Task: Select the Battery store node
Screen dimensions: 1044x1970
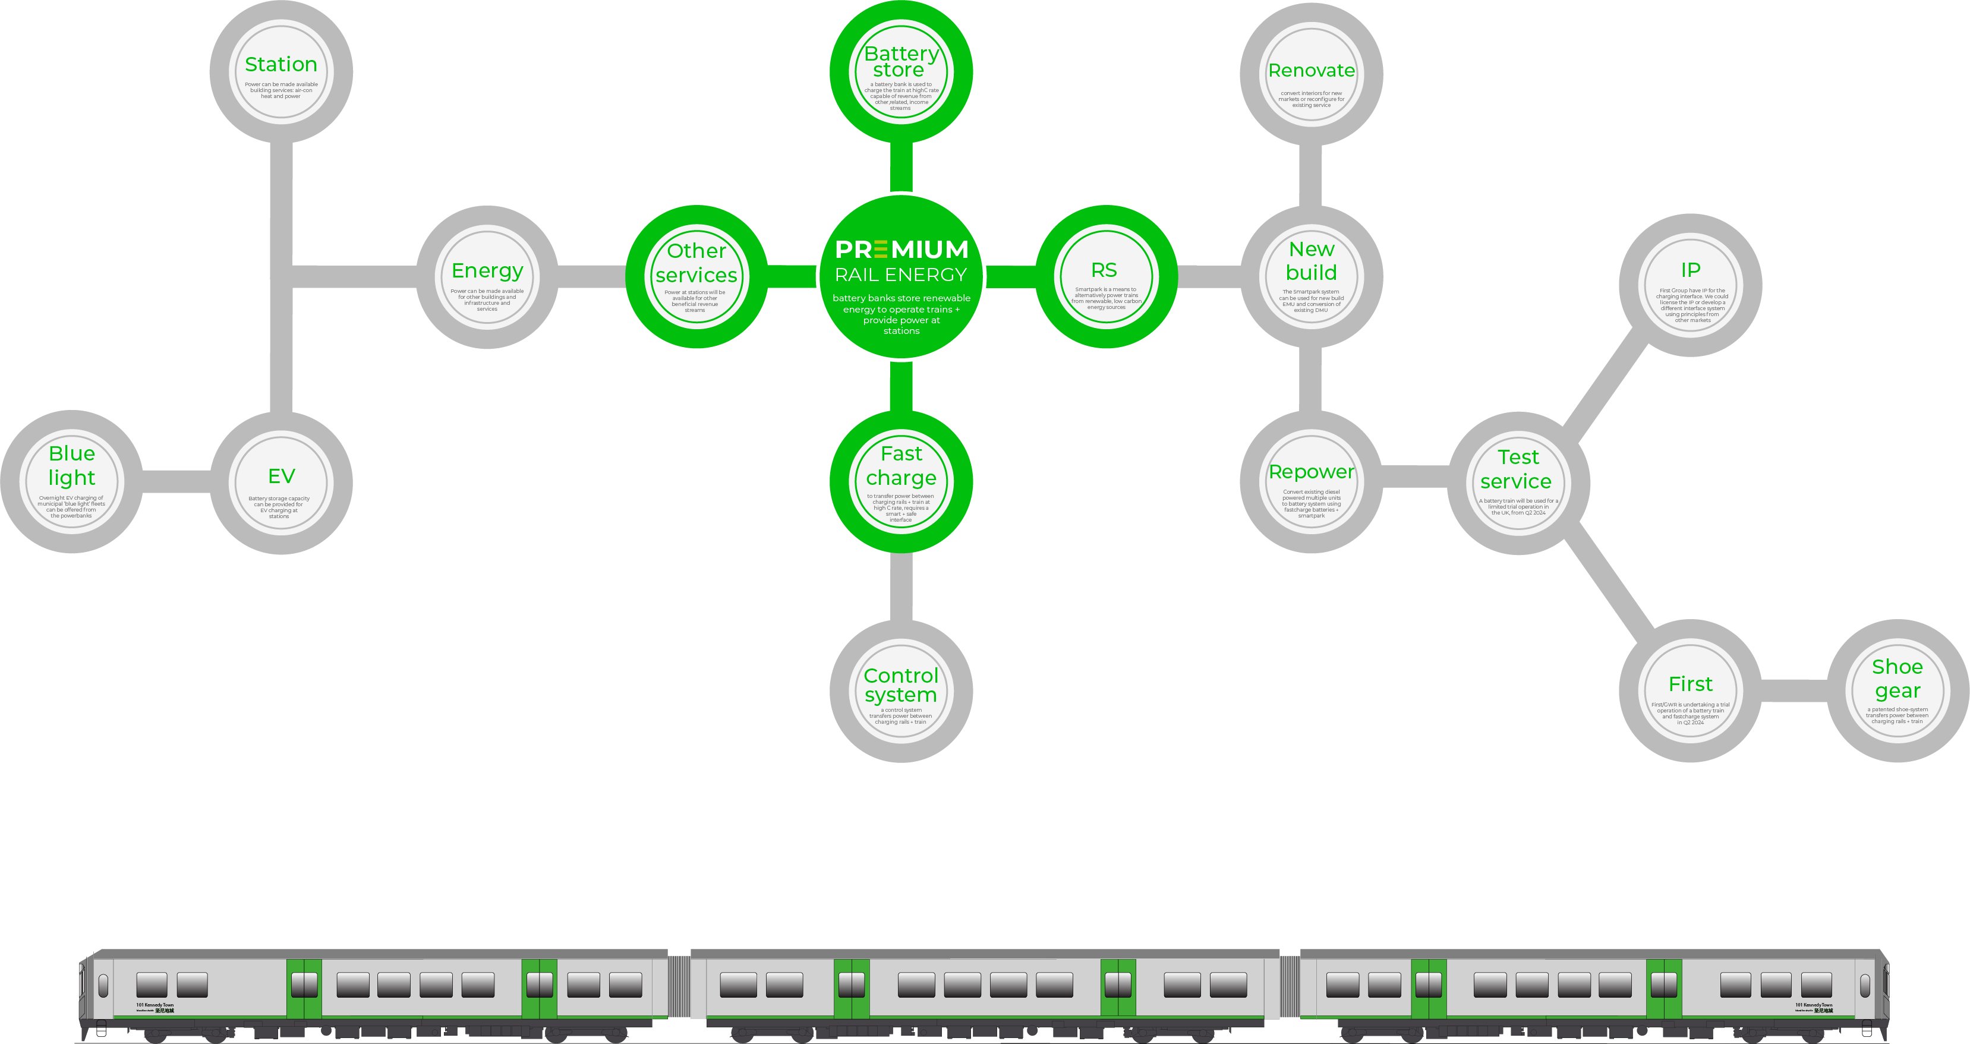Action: [x=901, y=72]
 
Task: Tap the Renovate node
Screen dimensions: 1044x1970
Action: [x=1311, y=74]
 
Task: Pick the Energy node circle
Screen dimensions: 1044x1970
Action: [x=487, y=277]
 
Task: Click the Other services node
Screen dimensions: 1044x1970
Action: [x=696, y=277]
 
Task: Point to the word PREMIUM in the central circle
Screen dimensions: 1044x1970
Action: [x=901, y=250]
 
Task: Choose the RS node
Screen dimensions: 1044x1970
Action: [x=1106, y=277]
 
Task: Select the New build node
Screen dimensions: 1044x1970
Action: [x=1311, y=277]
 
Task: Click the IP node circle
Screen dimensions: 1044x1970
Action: [x=1690, y=285]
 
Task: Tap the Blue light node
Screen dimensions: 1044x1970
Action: [x=71, y=482]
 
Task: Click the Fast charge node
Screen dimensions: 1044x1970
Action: [x=901, y=482]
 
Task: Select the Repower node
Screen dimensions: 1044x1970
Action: [x=1311, y=482]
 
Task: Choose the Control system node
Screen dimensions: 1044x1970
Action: [x=901, y=690]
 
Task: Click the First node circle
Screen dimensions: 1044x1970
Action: [x=1690, y=690]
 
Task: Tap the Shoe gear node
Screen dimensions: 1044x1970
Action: [x=1897, y=690]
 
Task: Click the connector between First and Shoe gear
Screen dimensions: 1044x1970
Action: [x=1794, y=690]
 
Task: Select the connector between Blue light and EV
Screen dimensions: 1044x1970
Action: [x=176, y=482]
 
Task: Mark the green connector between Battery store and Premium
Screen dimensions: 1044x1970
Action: [x=901, y=167]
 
